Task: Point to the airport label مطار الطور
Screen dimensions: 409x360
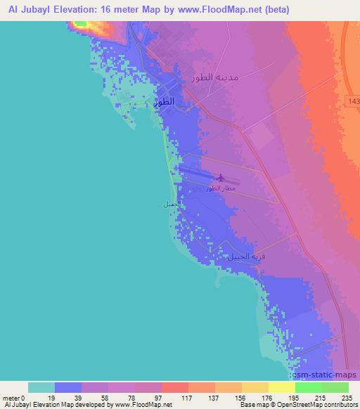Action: coord(221,188)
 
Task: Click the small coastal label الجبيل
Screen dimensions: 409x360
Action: coord(172,204)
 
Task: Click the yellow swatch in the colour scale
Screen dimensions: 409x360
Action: coord(281,387)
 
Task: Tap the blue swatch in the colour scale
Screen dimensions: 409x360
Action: coord(68,387)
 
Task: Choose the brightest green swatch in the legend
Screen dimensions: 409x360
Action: coord(308,387)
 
